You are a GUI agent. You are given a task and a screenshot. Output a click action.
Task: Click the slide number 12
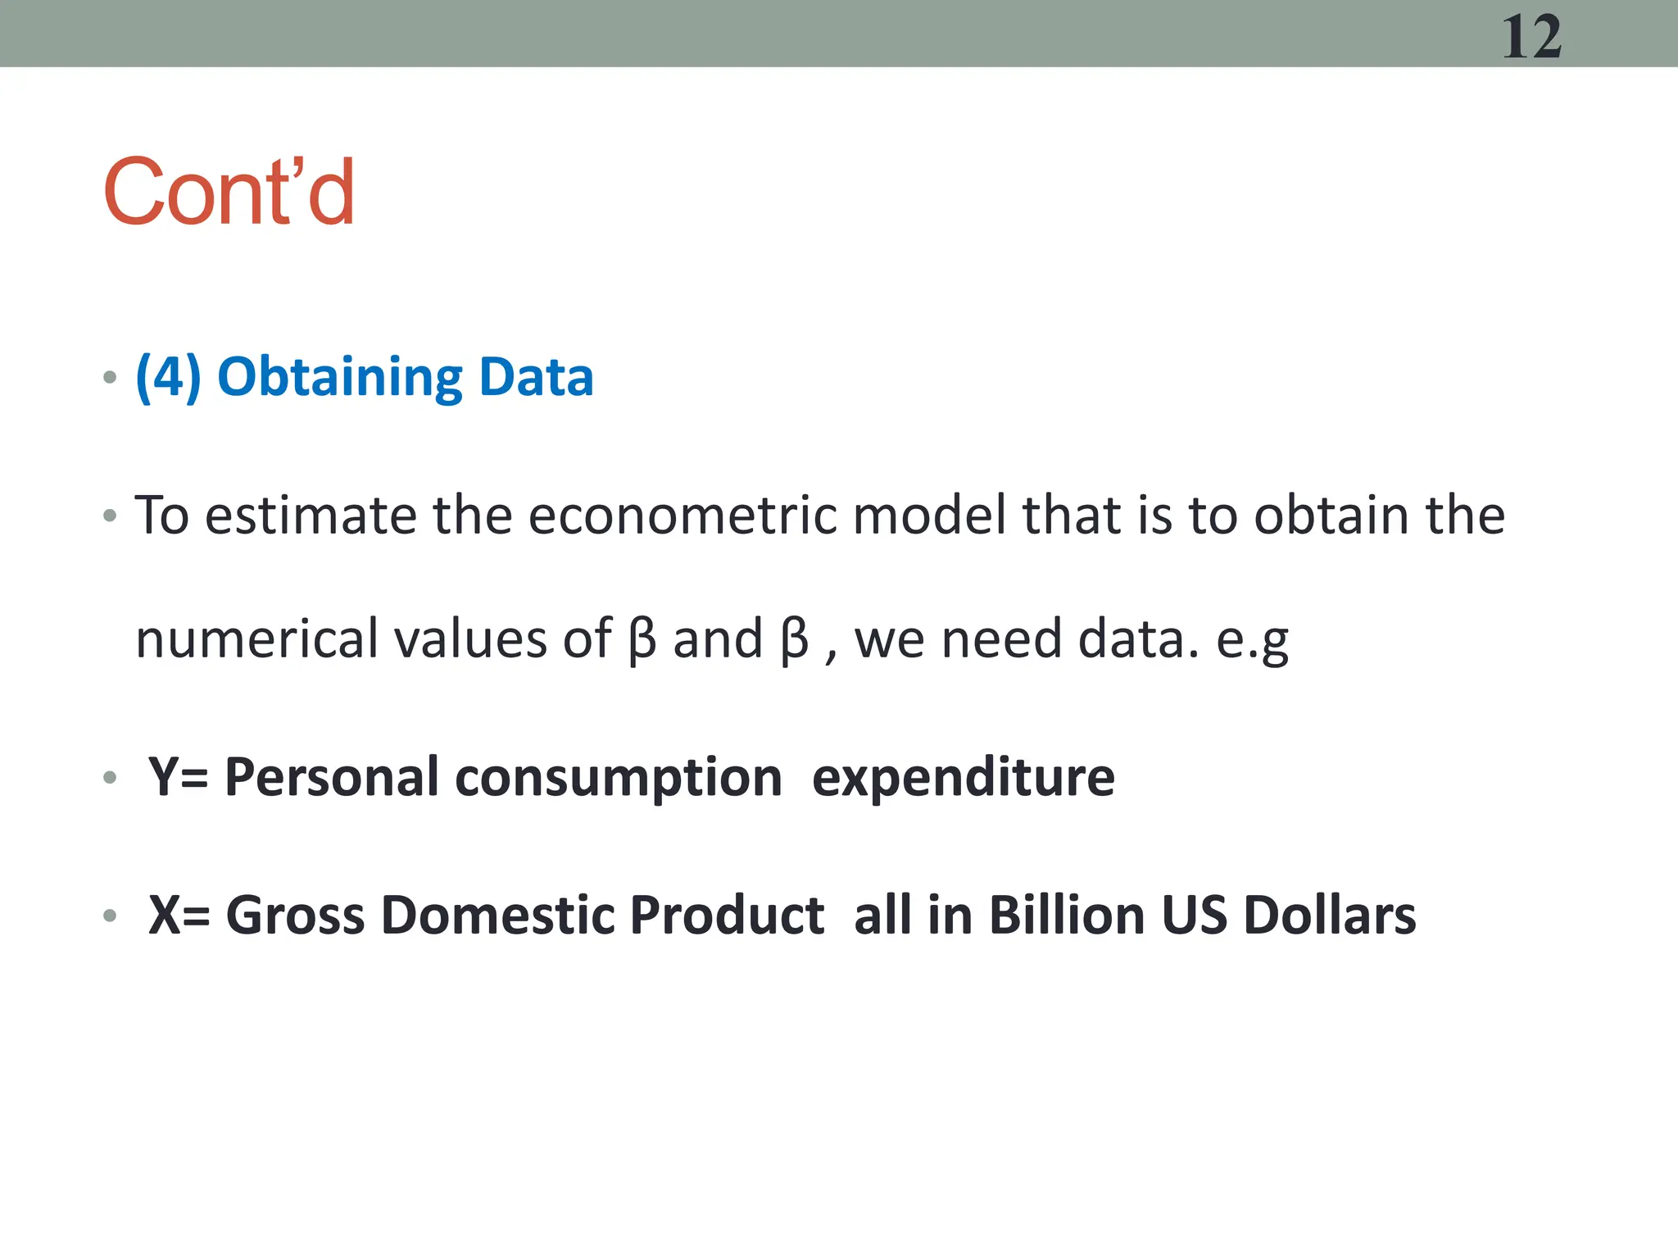pyautogui.click(x=1531, y=38)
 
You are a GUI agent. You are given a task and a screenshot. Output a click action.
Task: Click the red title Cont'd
pyautogui.click(x=229, y=193)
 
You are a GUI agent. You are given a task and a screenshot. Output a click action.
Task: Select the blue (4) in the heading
pyautogui.click(x=168, y=377)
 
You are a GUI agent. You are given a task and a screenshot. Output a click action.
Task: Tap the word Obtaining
pyautogui.click(x=340, y=379)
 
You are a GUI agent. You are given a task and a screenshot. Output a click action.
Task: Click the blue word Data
pyautogui.click(x=536, y=377)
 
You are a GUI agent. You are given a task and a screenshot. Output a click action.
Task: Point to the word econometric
pyautogui.click(x=682, y=516)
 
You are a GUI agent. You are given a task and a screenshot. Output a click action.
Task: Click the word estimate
pyautogui.click(x=311, y=516)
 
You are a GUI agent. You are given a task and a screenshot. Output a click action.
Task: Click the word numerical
pyautogui.click(x=256, y=639)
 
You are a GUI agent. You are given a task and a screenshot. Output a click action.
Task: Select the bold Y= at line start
pyautogui.click(x=178, y=777)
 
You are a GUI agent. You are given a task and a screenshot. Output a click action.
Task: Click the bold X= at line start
pyautogui.click(x=179, y=915)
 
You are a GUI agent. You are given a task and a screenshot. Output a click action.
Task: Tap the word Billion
pyautogui.click(x=1067, y=915)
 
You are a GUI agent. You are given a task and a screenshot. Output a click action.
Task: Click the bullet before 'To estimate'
pyautogui.click(x=110, y=516)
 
